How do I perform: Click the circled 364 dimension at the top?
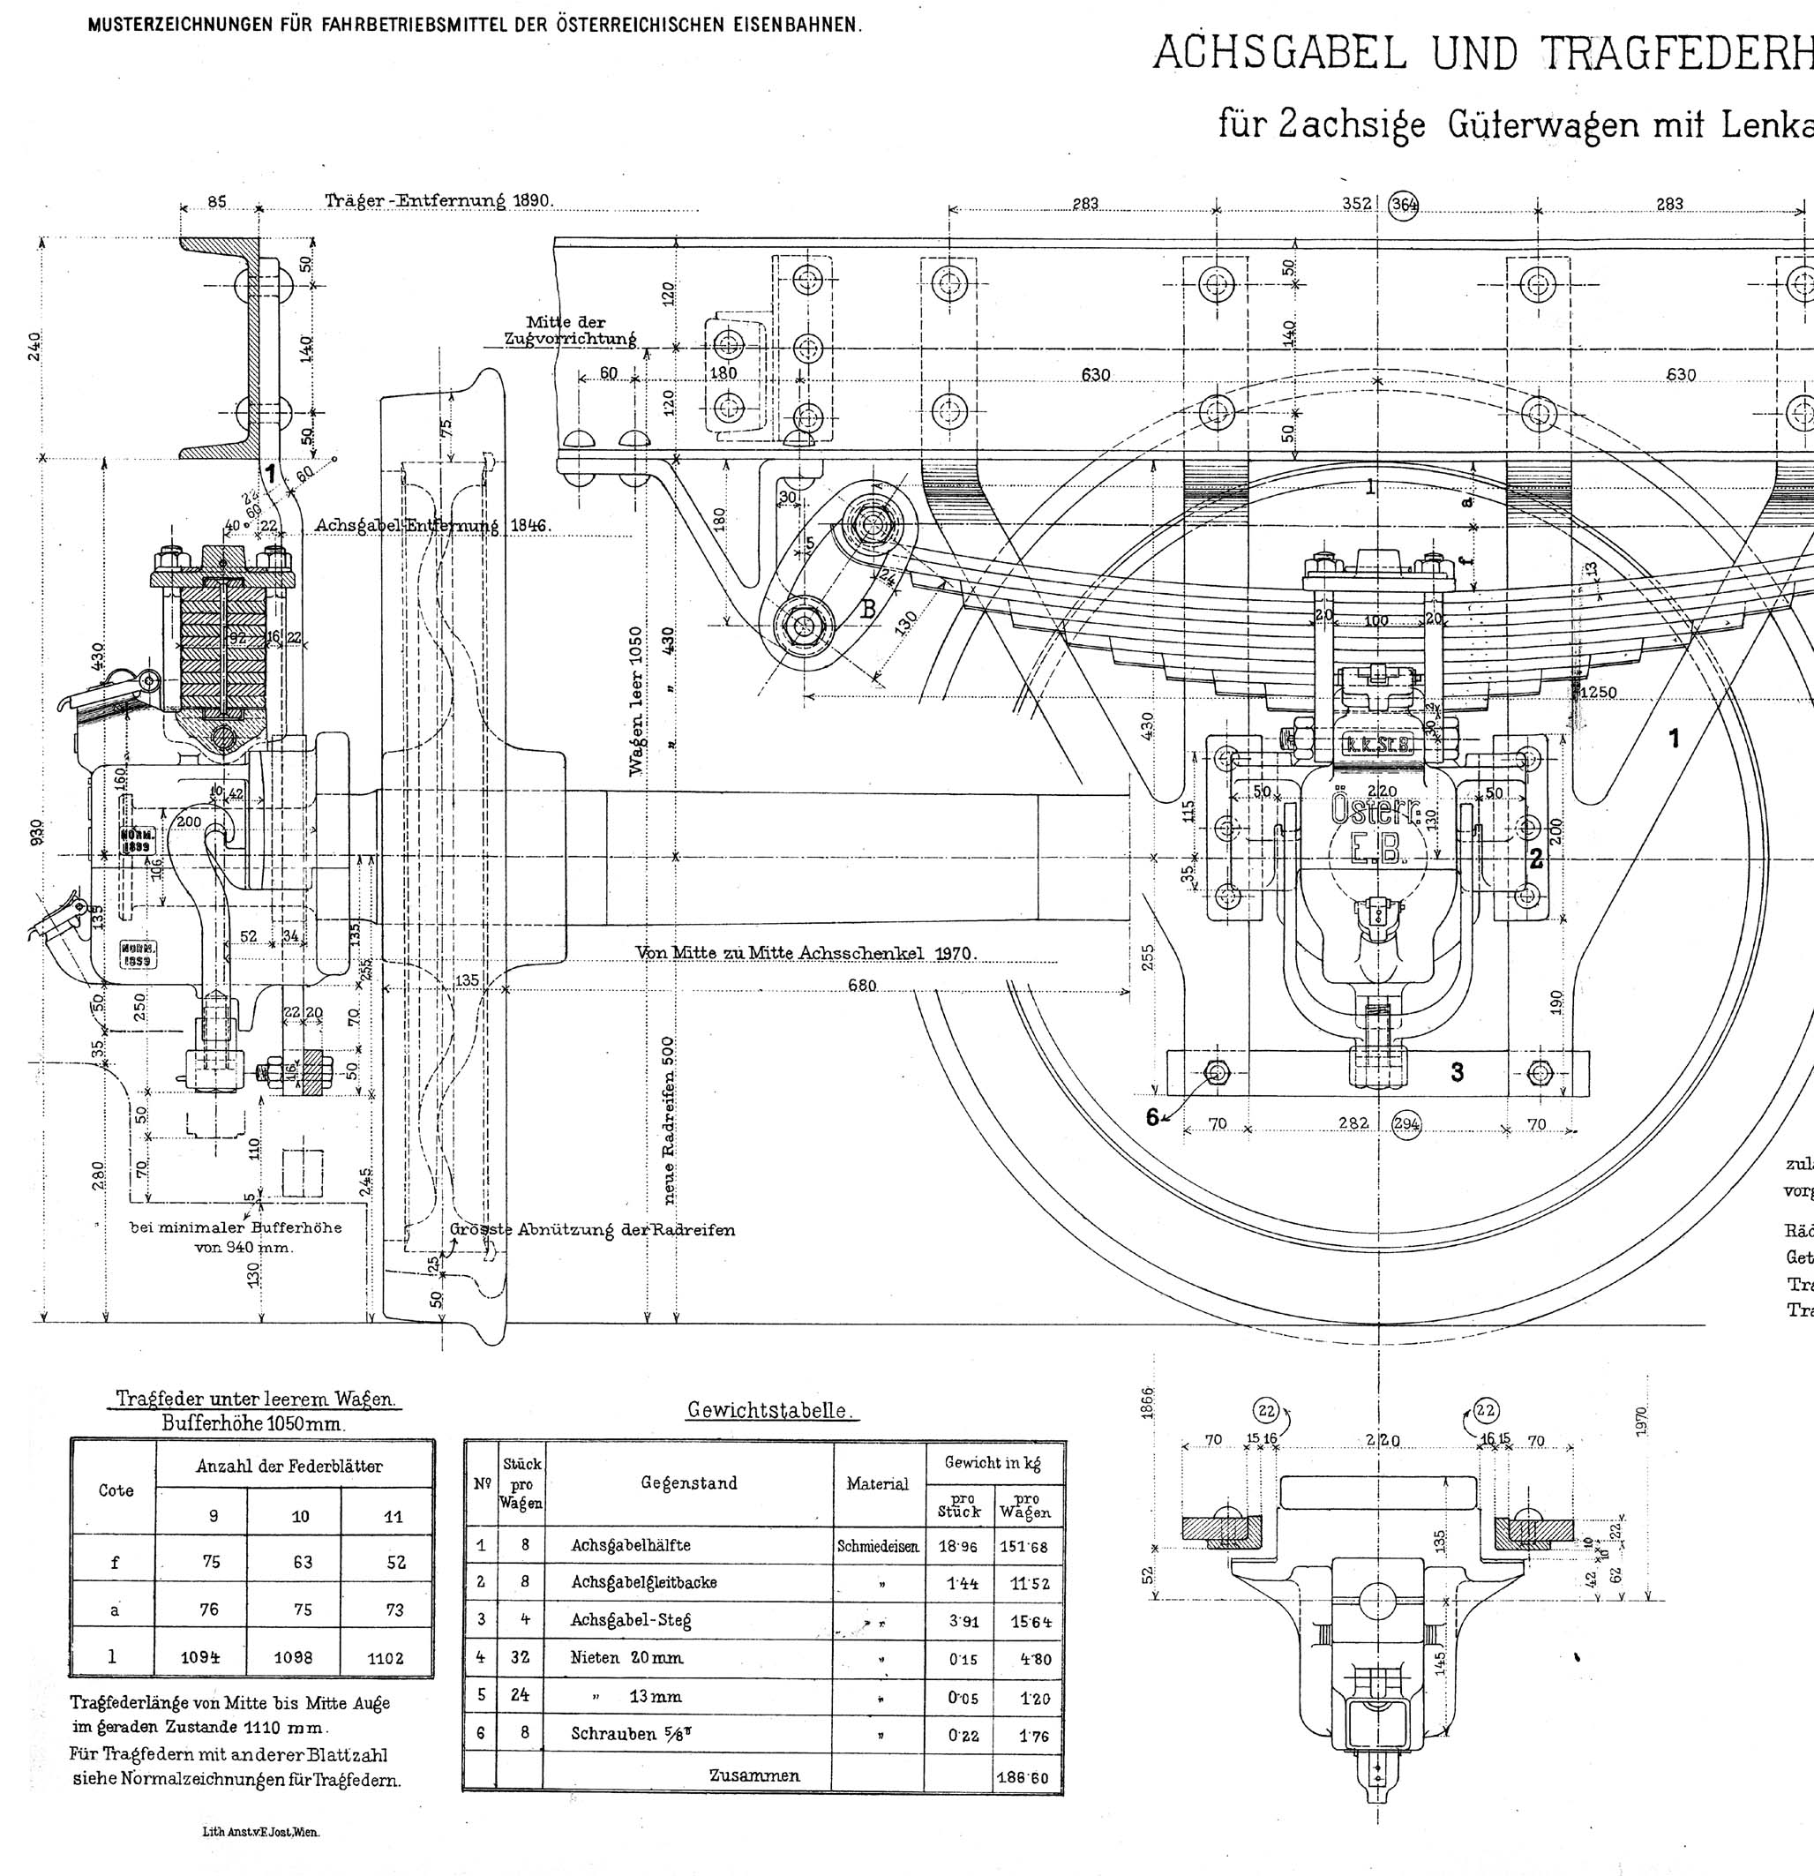pyautogui.click(x=1405, y=205)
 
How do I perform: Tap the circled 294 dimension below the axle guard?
pyautogui.click(x=1406, y=1123)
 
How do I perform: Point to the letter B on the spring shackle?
pyautogui.click(x=869, y=610)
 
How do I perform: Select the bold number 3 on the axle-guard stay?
pyautogui.click(x=1457, y=1072)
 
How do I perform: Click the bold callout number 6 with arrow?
pyautogui.click(x=1152, y=1116)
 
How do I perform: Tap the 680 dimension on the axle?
pyautogui.click(x=861, y=985)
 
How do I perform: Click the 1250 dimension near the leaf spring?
pyautogui.click(x=1599, y=692)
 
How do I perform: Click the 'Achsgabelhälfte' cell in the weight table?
pyautogui.click(x=631, y=1545)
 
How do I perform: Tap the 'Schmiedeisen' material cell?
pyautogui.click(x=878, y=1546)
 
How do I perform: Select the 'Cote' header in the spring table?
pyautogui.click(x=116, y=1490)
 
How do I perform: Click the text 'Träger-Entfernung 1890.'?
pyautogui.click(x=439, y=201)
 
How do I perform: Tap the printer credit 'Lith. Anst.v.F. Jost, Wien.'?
pyautogui.click(x=260, y=1832)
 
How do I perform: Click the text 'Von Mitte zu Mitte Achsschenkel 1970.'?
pyautogui.click(x=805, y=953)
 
